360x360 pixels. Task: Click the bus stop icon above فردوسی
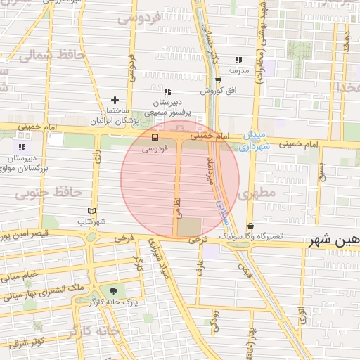[x=155, y=138]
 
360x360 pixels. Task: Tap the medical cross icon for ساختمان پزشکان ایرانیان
[x=115, y=101]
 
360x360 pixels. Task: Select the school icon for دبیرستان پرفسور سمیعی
[x=167, y=91]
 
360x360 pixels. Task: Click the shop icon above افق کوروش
[x=218, y=79]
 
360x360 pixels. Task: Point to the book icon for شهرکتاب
[x=91, y=210]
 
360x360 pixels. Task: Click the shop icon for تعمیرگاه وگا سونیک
[x=251, y=226]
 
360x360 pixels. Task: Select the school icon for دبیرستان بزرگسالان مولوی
[x=22, y=146]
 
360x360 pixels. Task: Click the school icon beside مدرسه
[x=238, y=60]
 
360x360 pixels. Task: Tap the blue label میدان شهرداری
[x=253, y=141]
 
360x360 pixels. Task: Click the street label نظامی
[x=176, y=204]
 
